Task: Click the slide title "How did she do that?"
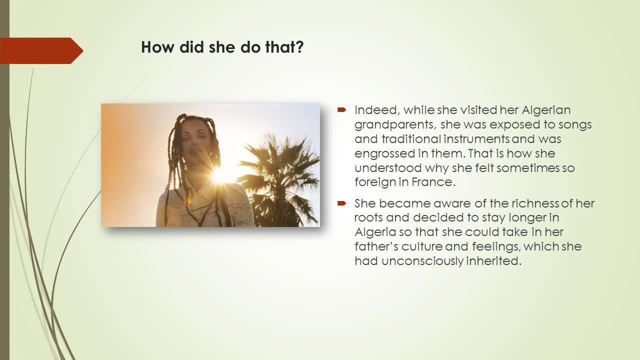point(222,47)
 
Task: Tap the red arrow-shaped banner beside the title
point(41,50)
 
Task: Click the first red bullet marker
point(341,109)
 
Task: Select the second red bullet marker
point(341,203)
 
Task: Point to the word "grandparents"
point(395,125)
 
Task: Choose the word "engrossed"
point(385,154)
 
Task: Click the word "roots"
point(368,217)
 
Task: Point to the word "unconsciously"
point(422,261)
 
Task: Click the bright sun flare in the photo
point(218,175)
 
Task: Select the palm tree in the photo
point(278,180)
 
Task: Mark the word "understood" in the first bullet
point(388,167)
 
